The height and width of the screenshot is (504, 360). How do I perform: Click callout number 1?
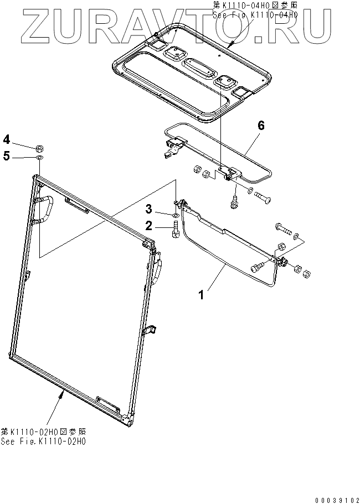click(x=202, y=295)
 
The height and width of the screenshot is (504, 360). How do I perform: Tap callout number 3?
click(x=149, y=209)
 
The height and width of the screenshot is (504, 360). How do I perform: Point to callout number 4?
click(x=7, y=138)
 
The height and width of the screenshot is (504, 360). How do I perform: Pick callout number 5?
click(x=7, y=156)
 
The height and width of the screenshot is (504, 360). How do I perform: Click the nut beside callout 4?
click(x=40, y=148)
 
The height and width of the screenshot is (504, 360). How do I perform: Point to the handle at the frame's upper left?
click(x=44, y=208)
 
